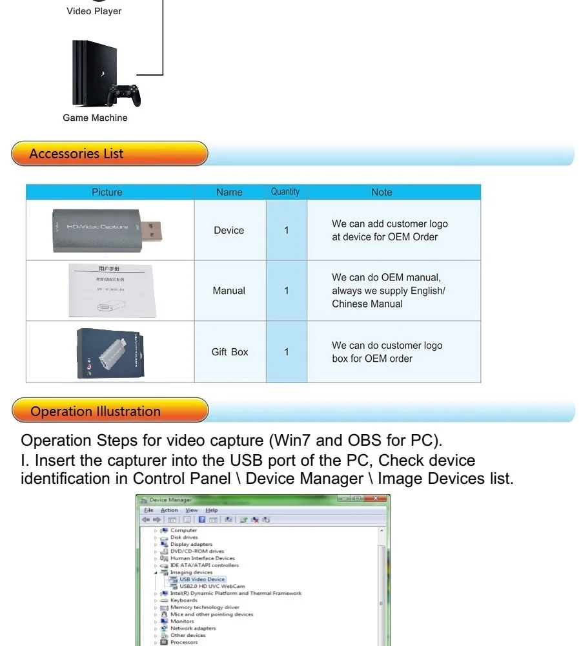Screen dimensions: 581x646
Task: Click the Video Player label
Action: (x=94, y=12)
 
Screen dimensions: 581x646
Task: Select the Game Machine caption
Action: (x=95, y=118)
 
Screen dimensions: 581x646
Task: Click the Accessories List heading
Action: (x=77, y=154)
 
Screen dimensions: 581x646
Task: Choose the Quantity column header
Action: (x=285, y=192)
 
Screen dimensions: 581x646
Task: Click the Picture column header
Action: (x=107, y=192)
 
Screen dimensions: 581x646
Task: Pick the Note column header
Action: (x=382, y=192)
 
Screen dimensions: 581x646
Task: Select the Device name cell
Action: (x=229, y=230)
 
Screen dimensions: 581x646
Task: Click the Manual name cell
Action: (x=229, y=291)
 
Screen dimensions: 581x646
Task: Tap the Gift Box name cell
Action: (x=230, y=352)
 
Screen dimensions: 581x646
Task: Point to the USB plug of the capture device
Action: (x=151, y=227)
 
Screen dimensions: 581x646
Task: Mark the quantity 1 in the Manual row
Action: (x=286, y=291)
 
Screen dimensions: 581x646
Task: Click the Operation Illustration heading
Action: (x=96, y=412)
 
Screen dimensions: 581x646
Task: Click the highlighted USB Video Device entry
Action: (x=203, y=579)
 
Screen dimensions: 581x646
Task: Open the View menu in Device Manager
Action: (x=192, y=510)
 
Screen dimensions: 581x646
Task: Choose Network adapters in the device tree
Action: (x=193, y=628)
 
